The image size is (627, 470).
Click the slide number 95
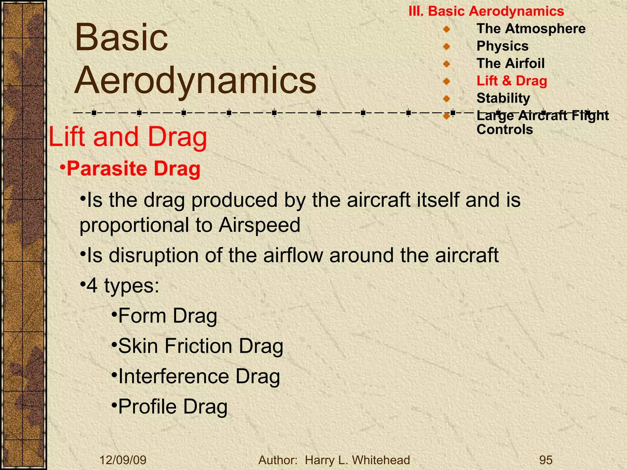[546, 460]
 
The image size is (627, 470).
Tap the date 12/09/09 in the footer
[123, 460]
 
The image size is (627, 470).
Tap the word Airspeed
[259, 225]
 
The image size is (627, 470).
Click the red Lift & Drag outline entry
[512, 81]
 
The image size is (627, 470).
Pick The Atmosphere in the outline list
[531, 29]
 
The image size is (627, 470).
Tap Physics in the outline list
[502, 46]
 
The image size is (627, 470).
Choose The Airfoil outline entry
[510, 64]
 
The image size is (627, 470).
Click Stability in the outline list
[503, 98]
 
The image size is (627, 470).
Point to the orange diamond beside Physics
[446, 47]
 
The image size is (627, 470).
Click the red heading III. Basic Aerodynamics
[486, 11]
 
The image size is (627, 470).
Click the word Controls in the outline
[505, 129]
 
